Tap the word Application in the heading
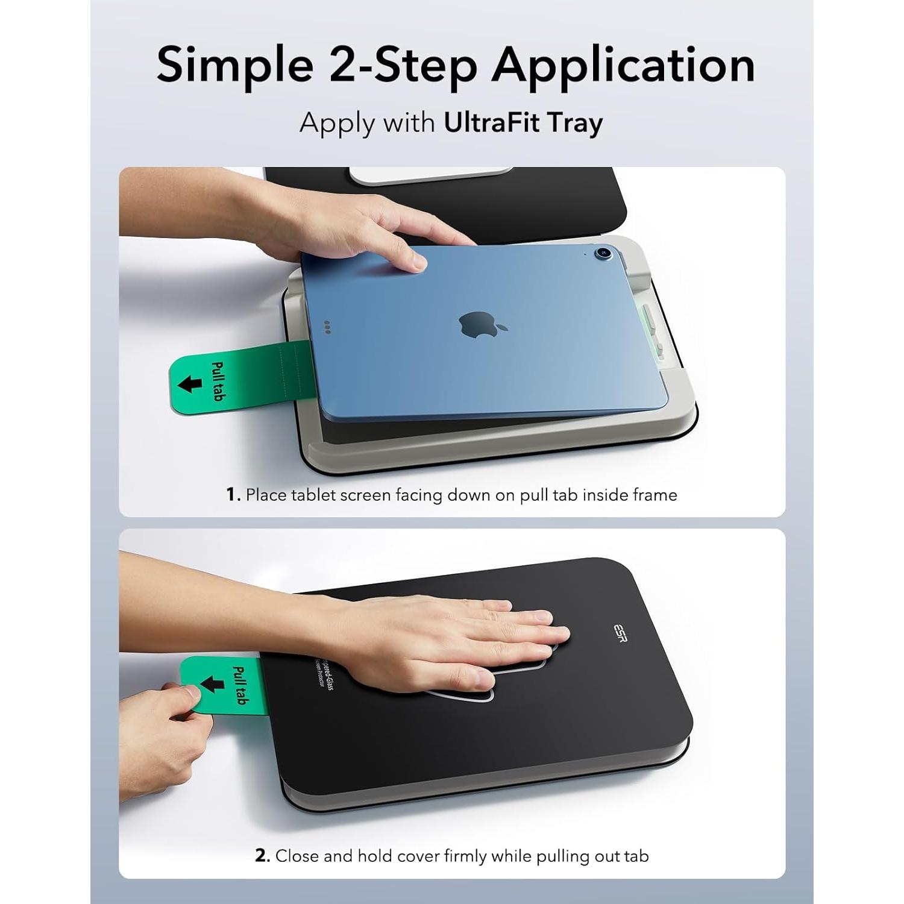coord(623,65)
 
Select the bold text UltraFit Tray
coord(523,122)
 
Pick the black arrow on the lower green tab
coord(211,684)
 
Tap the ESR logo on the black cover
coord(620,633)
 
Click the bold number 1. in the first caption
coord(234,495)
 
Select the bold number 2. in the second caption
coord(262,856)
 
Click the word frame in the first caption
coord(654,495)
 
